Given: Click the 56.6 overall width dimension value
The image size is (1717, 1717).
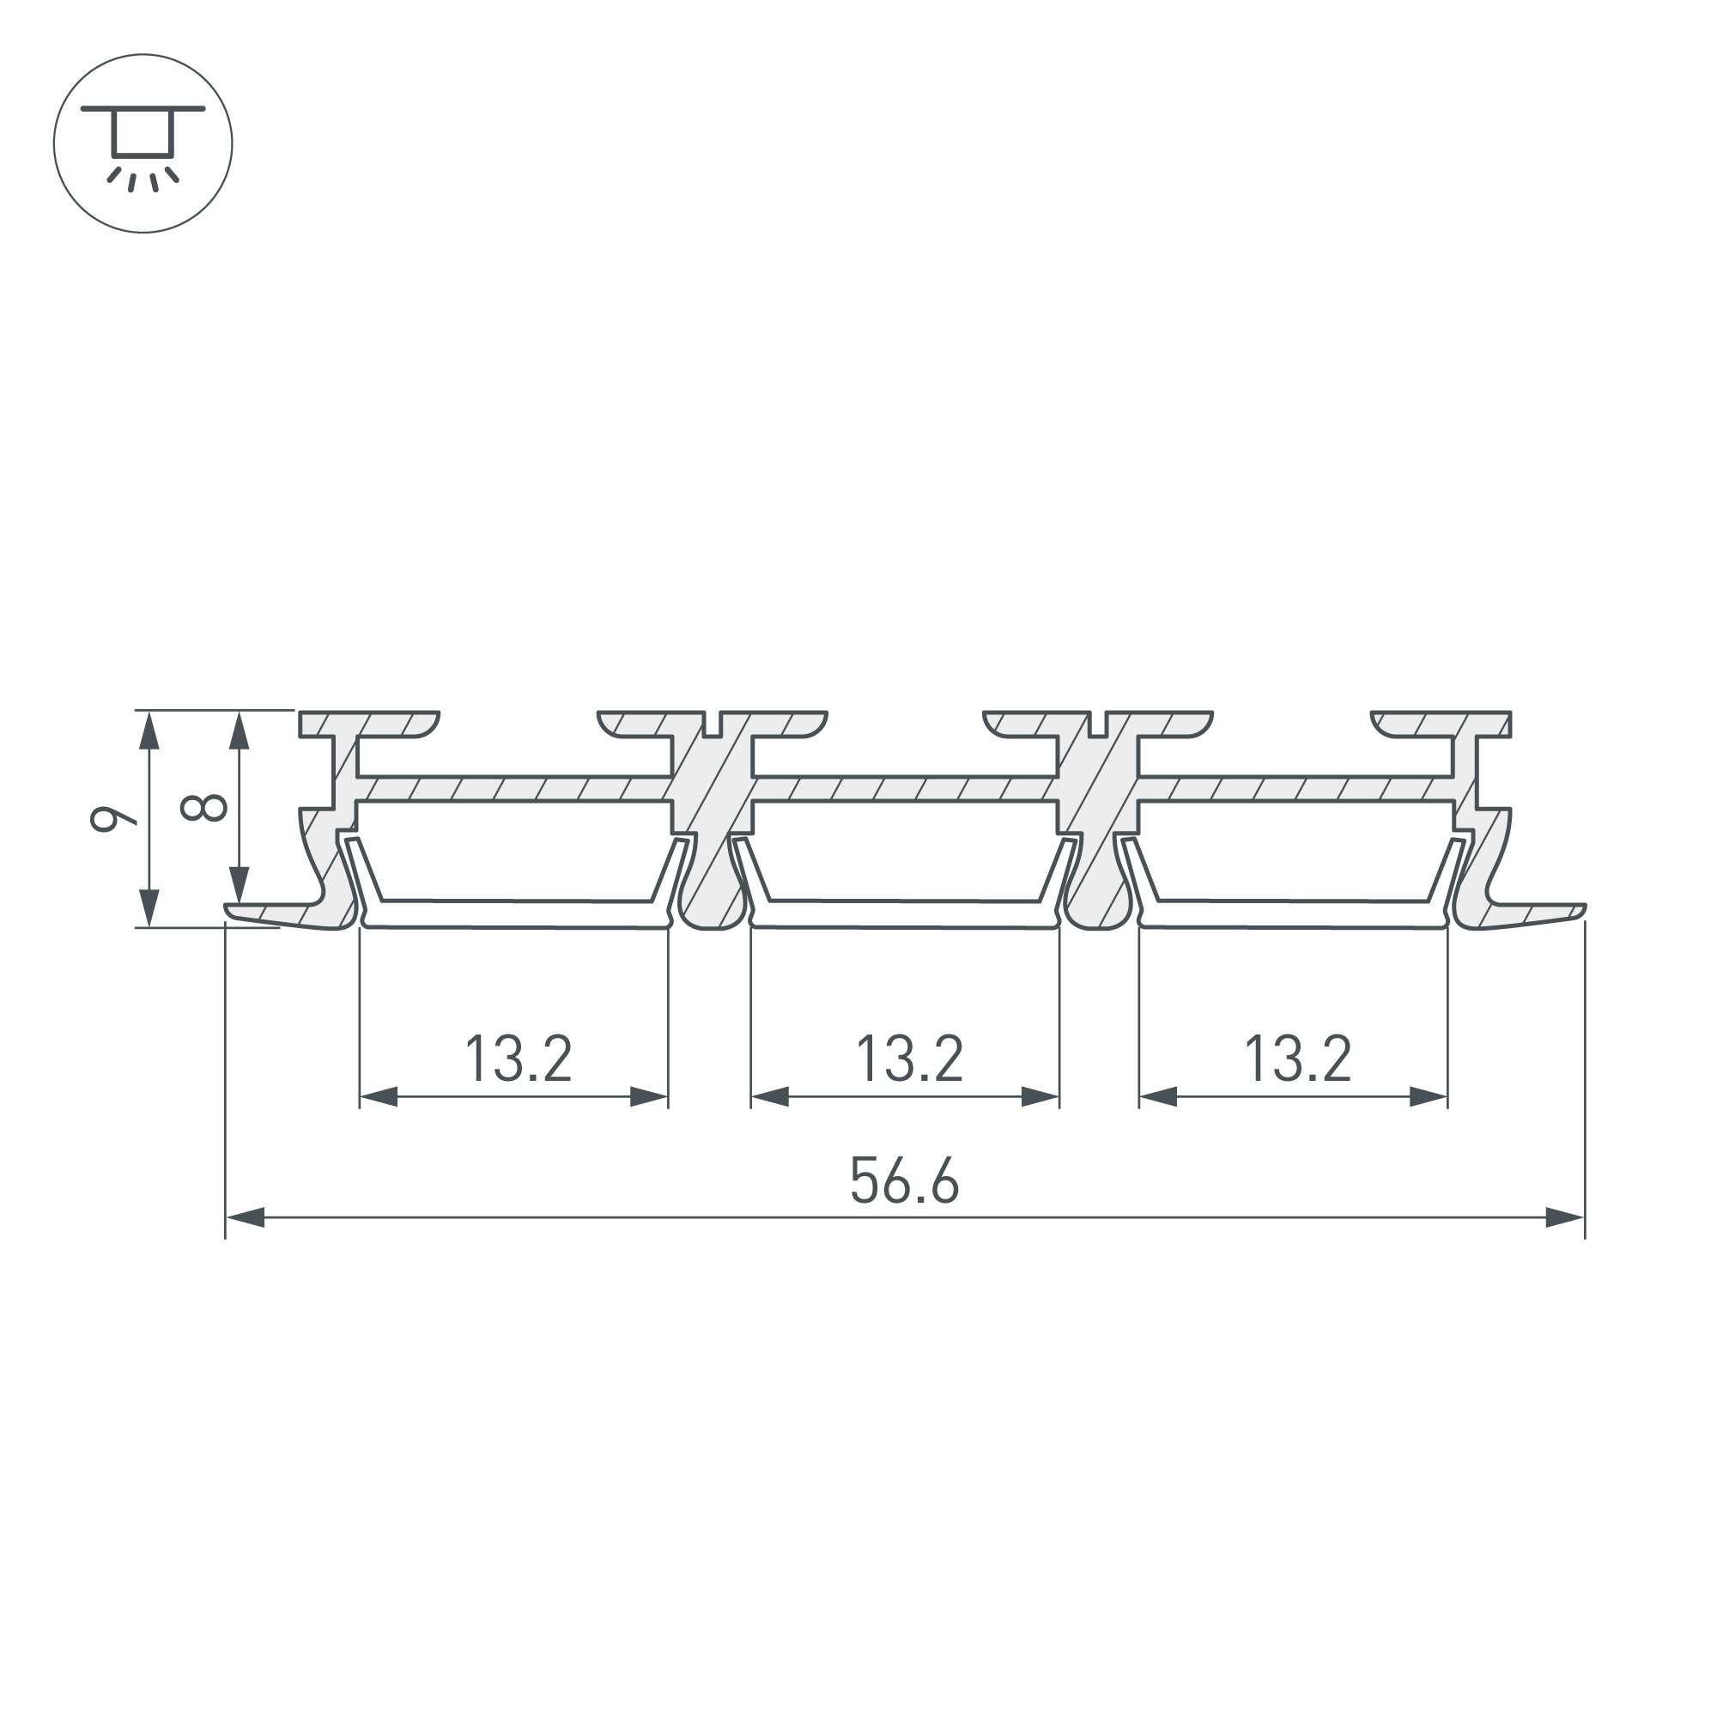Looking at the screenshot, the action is [x=905, y=1180].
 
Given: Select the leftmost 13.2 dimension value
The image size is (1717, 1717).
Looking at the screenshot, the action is [x=519, y=1059].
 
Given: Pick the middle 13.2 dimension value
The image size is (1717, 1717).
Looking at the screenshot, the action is [x=909, y=1059].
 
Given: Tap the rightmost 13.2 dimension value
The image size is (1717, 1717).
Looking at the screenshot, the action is [x=1298, y=1059].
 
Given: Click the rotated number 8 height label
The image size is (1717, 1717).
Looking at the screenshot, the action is [x=203, y=808].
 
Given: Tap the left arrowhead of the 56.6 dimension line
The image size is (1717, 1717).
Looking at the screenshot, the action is [x=246, y=1217].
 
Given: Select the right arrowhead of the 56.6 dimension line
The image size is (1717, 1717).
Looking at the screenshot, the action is [x=1565, y=1217].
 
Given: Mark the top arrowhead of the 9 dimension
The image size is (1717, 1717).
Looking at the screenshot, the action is [x=149, y=731].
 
